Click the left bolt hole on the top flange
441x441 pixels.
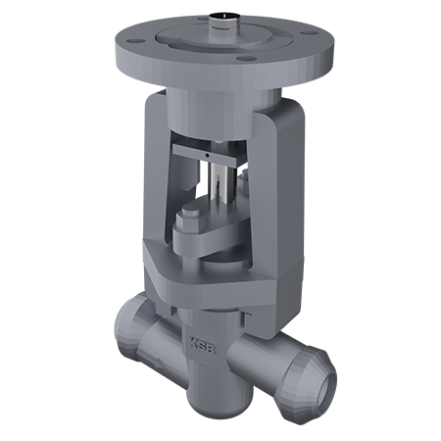(x=134, y=41)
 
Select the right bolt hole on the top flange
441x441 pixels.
(x=308, y=33)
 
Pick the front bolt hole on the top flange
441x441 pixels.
(x=247, y=59)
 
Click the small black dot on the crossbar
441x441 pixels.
(x=207, y=155)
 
